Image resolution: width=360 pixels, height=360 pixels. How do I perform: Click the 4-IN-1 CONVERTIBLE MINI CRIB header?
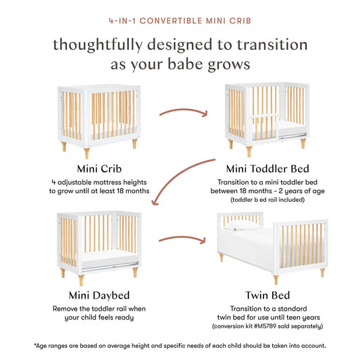point(180,20)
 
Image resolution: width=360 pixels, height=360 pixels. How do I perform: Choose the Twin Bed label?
point(268,295)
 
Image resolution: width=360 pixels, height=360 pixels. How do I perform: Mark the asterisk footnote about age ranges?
point(180,345)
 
